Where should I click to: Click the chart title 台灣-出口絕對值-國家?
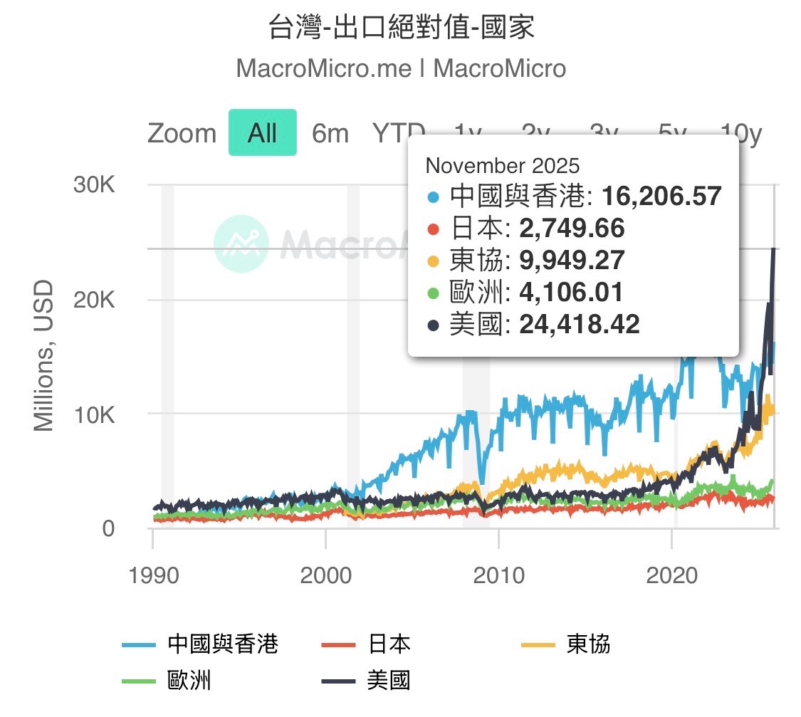pos(401,28)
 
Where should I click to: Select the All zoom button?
pos(262,133)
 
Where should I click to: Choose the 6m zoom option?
pos(330,133)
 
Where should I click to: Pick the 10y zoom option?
pos(740,133)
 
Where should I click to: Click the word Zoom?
pos(182,133)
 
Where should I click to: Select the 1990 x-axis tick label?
pos(152,575)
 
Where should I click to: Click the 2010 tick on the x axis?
pos(499,575)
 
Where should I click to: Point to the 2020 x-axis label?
pos(672,575)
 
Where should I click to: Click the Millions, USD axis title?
pos(44,356)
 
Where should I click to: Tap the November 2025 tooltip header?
pos(503,166)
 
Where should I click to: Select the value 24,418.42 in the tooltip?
pos(580,325)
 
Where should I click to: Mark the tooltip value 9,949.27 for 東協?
pos(572,260)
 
